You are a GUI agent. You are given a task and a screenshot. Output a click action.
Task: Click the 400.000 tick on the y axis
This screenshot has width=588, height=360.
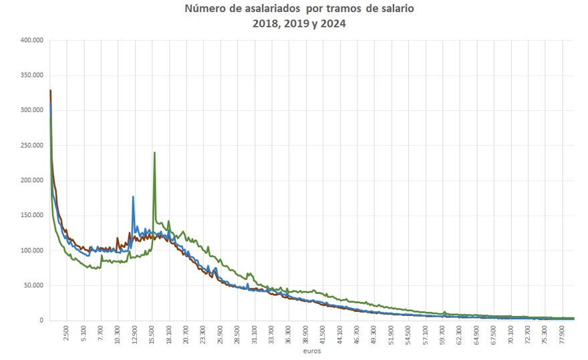(31, 40)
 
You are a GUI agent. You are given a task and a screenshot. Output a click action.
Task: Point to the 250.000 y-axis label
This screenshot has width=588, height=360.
(31, 145)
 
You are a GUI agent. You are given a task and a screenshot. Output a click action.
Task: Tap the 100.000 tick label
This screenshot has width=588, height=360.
(31, 250)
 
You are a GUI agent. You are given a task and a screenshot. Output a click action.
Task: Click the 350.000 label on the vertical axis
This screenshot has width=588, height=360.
(31, 75)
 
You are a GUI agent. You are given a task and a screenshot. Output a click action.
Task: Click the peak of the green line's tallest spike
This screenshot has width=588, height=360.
(154, 152)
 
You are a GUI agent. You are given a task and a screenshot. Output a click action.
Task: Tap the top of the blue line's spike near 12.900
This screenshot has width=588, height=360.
(133, 196)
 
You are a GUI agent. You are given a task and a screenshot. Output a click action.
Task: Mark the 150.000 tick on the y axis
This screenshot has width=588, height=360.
(31, 215)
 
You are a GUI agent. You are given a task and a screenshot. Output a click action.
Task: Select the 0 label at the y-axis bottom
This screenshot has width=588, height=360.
(41, 321)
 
